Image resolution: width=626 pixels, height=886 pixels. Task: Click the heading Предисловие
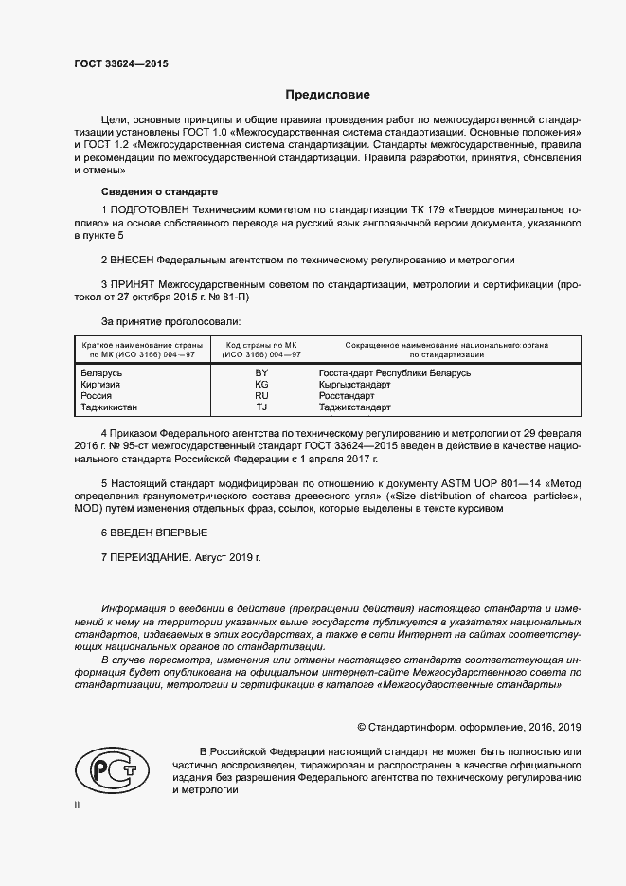point(329,95)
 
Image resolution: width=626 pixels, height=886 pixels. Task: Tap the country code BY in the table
point(261,372)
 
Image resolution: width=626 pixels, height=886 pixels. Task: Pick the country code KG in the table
point(261,385)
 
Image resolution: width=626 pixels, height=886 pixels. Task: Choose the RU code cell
point(261,396)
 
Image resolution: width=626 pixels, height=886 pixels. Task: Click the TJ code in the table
point(261,407)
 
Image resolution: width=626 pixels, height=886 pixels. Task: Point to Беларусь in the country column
point(103,372)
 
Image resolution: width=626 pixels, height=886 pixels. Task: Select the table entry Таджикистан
point(110,407)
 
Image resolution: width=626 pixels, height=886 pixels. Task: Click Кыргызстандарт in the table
point(355,385)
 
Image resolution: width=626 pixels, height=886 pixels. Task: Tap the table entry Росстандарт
point(348,396)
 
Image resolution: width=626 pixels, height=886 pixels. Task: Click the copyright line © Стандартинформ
point(469,728)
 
